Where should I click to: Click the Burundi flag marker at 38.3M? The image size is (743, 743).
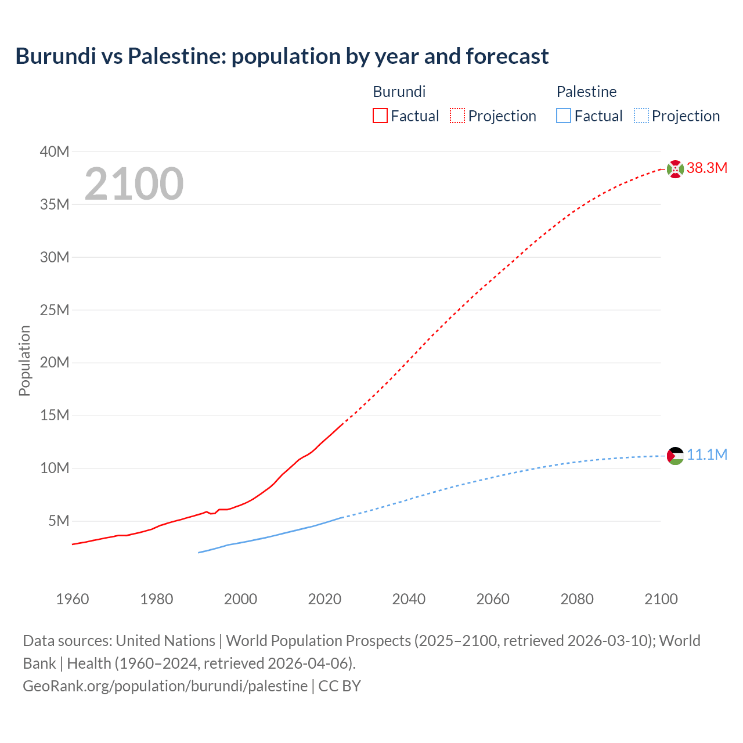tap(675, 169)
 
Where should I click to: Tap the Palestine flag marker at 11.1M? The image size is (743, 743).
tap(675, 456)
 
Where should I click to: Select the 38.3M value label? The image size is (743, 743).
tap(706, 168)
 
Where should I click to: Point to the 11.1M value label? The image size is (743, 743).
tap(706, 455)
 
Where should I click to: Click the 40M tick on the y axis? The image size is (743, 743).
tap(55, 152)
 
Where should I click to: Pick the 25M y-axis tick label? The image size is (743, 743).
tap(55, 310)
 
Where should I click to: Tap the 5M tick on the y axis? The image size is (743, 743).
tap(59, 521)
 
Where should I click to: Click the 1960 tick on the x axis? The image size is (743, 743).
tap(73, 599)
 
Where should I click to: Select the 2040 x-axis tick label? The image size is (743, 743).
tap(409, 599)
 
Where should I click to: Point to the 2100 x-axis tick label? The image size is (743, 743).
tap(661, 599)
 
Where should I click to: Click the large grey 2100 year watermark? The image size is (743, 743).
tap(134, 184)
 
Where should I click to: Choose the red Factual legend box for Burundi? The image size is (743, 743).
tap(380, 116)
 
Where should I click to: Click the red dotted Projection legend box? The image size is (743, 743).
tap(457, 116)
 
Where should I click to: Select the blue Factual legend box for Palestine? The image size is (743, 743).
tap(563, 116)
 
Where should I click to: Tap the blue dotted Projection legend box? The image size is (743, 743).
tap(641, 116)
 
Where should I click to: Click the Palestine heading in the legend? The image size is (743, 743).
tap(586, 92)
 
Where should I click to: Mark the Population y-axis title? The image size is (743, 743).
tap(24, 360)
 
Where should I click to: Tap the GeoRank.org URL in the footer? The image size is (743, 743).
tap(165, 686)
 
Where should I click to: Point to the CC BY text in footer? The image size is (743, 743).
tap(340, 686)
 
